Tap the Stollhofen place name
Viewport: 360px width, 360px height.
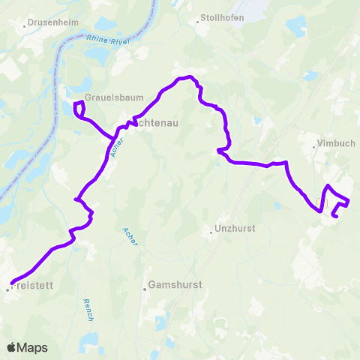[223, 18]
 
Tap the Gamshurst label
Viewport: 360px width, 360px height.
[172, 286]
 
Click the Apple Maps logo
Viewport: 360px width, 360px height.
[27, 347]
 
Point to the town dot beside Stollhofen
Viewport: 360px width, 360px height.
[198, 22]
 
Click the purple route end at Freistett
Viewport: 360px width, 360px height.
[15, 283]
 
